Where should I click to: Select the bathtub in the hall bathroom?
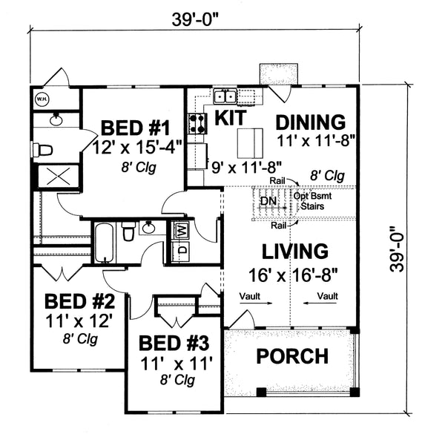(x=104, y=241)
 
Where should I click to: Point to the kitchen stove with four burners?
(x=197, y=122)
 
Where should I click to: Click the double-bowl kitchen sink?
(x=225, y=95)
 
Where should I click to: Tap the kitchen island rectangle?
(x=249, y=139)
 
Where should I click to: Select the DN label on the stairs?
(x=268, y=201)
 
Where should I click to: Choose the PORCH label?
(x=292, y=356)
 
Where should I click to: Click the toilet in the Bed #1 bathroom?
(x=45, y=150)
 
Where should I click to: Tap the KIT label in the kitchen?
(x=231, y=116)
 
